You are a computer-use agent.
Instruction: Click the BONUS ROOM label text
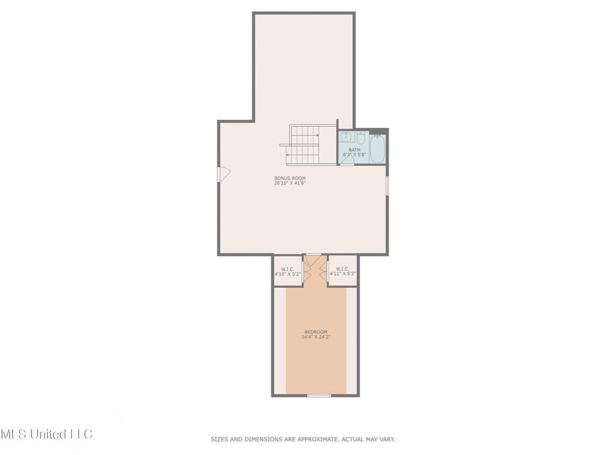tap(285, 178)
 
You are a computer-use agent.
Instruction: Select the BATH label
tap(354, 150)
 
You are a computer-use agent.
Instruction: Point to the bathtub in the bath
tap(377, 148)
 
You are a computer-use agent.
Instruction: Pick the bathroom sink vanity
tap(345, 138)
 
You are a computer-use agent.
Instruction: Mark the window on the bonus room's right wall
tap(386, 185)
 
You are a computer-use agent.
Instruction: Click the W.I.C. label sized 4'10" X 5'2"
tap(288, 272)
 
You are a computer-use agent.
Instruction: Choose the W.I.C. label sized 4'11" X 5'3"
tap(343, 271)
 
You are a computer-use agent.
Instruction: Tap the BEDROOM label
tap(316, 332)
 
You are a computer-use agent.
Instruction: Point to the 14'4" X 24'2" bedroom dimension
tap(316, 337)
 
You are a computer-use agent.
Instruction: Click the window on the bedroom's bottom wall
tap(319, 396)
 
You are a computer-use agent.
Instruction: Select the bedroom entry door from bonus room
tap(313, 255)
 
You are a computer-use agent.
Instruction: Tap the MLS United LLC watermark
tap(47, 433)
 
